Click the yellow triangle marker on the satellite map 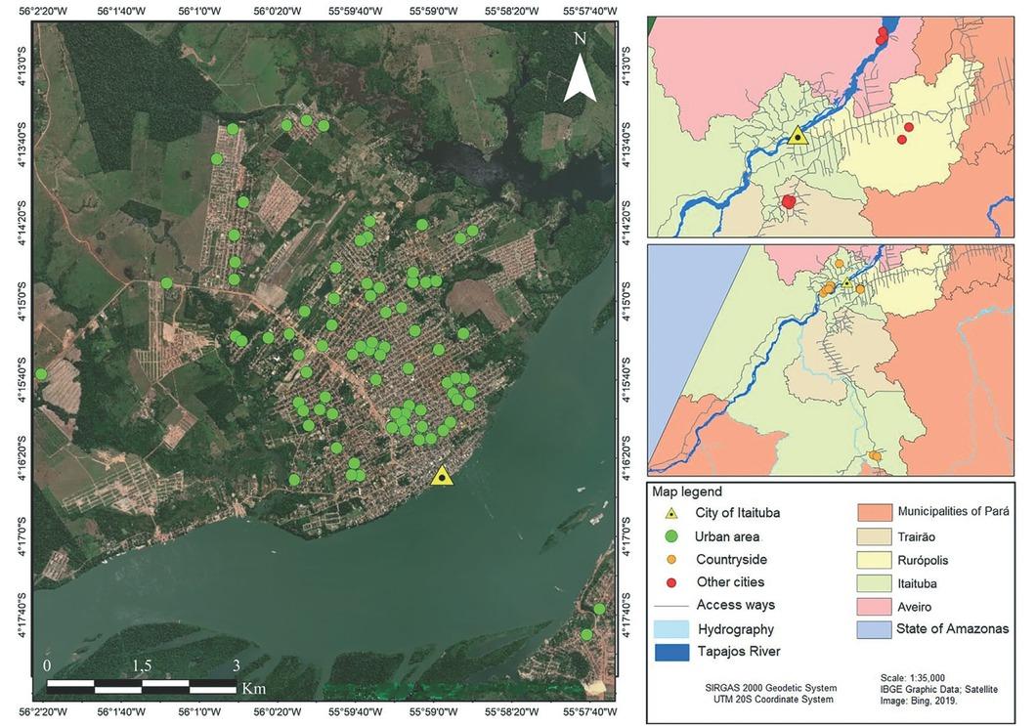[442, 476]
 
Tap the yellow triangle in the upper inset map [798, 136]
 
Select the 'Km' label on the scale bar [253, 688]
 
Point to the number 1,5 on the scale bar [142, 665]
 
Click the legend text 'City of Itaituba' [738, 513]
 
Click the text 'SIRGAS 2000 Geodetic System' [764, 687]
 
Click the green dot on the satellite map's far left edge [41, 374]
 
